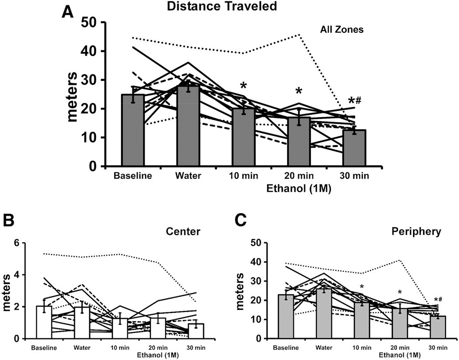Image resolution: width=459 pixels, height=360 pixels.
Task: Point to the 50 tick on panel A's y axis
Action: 92,22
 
